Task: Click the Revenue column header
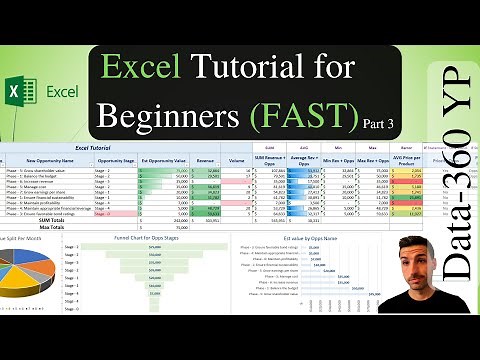[206, 160]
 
